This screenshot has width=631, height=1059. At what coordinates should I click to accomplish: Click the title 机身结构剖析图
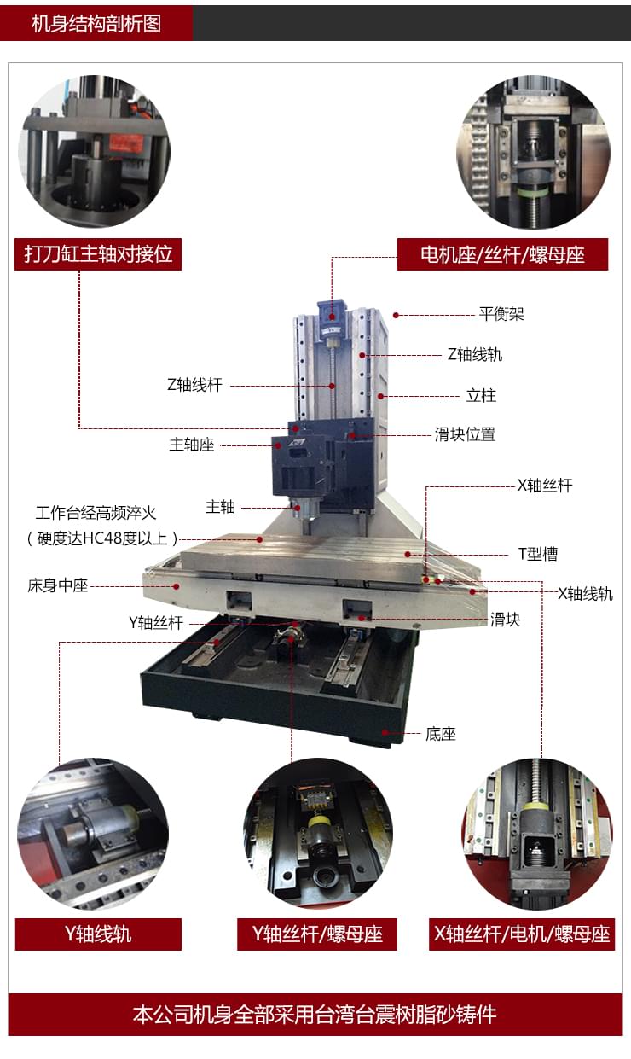click(96, 24)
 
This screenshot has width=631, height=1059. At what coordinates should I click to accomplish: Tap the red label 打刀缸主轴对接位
click(98, 254)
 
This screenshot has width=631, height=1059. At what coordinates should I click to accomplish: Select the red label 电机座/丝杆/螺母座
click(502, 254)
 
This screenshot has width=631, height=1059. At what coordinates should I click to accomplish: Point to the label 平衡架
click(501, 314)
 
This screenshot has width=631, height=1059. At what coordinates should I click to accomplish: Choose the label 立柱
click(481, 396)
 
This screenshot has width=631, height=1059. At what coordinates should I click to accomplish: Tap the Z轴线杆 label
click(194, 385)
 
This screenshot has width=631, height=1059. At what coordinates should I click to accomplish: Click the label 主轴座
click(191, 445)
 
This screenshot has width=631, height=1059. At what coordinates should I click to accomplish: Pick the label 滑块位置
click(465, 434)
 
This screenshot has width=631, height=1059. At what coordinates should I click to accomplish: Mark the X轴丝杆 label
click(545, 486)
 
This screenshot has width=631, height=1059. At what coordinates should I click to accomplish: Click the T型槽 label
click(538, 554)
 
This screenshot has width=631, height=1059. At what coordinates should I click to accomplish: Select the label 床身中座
click(58, 586)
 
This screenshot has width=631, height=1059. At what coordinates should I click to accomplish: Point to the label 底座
click(440, 734)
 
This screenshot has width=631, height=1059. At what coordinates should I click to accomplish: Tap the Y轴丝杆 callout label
click(156, 622)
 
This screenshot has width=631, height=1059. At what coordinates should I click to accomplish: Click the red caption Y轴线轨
click(98, 934)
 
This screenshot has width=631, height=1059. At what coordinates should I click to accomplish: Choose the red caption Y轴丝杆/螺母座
click(317, 934)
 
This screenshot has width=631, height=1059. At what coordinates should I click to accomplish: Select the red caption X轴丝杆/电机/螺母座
click(522, 934)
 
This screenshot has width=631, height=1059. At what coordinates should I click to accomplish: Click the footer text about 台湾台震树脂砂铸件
click(315, 1015)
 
